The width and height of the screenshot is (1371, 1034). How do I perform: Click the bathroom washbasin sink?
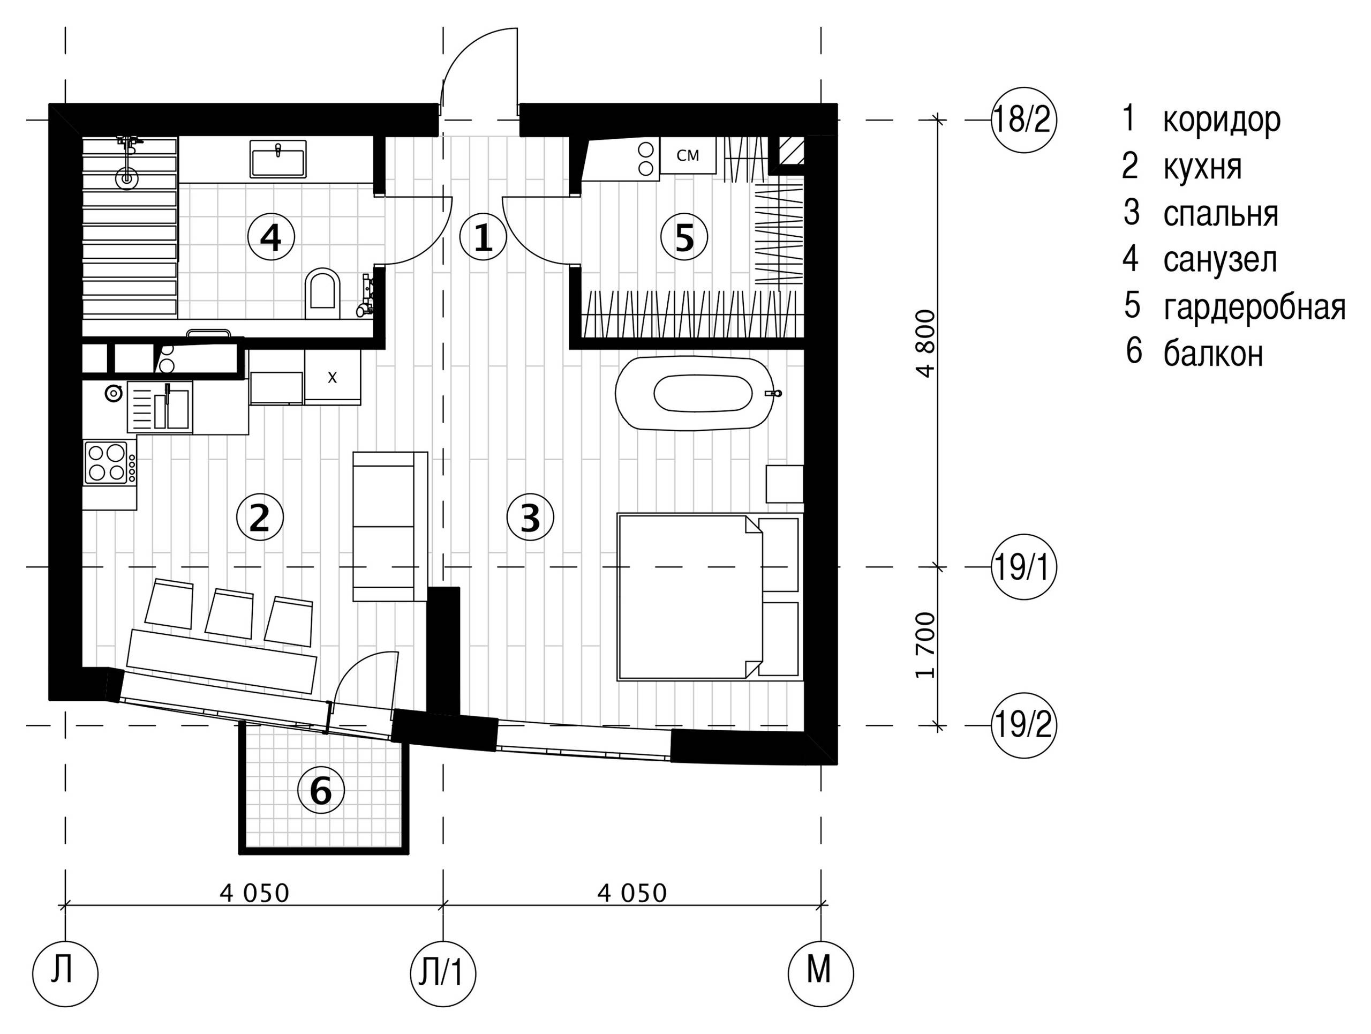pos(278,159)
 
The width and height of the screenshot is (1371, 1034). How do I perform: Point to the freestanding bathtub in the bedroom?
pos(696,393)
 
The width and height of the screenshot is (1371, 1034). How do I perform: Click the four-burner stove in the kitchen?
pos(106,462)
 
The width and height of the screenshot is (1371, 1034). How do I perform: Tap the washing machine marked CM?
pos(687,155)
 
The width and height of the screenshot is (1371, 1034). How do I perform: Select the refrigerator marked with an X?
pos(332,377)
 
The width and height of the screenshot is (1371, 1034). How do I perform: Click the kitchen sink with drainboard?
pos(160,407)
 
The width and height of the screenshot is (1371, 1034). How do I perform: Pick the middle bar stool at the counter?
pos(229,615)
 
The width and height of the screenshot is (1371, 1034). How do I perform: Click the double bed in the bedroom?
pos(708,596)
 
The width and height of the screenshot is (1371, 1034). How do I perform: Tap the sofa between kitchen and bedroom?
pos(390,526)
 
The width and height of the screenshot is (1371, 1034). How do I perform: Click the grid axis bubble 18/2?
pos(1023,119)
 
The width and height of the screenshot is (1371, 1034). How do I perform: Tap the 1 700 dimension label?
pos(925,646)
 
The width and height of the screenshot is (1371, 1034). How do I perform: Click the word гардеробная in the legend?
pos(1254,307)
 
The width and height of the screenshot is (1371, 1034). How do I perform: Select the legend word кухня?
pos(1202,167)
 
